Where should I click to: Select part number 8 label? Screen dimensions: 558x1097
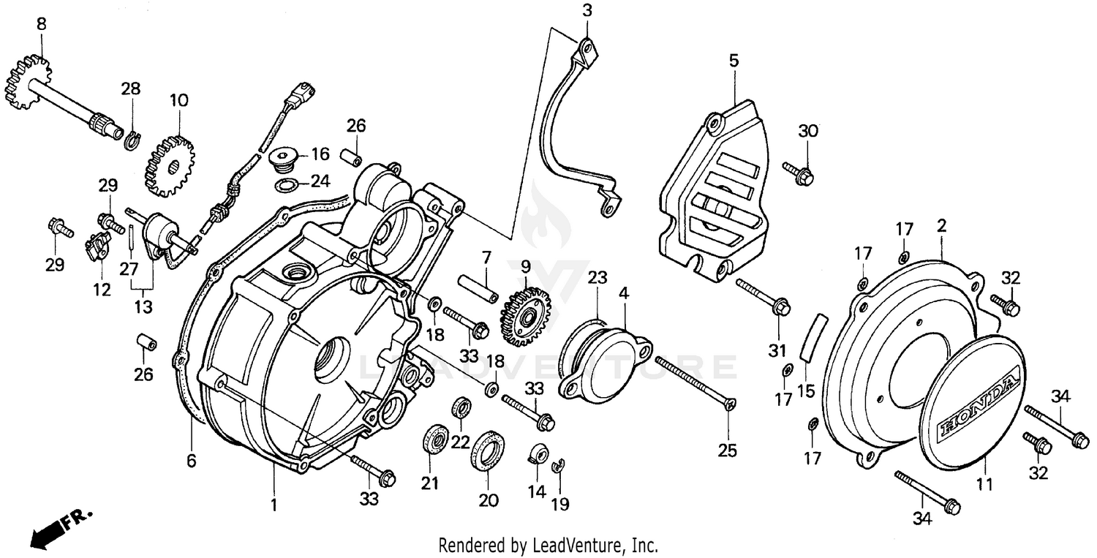tap(42, 23)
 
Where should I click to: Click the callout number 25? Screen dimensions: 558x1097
tap(727, 450)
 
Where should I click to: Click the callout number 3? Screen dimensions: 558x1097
tap(587, 10)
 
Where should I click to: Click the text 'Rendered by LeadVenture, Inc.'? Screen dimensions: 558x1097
tap(548, 546)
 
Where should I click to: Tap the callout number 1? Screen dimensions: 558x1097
tap(274, 505)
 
